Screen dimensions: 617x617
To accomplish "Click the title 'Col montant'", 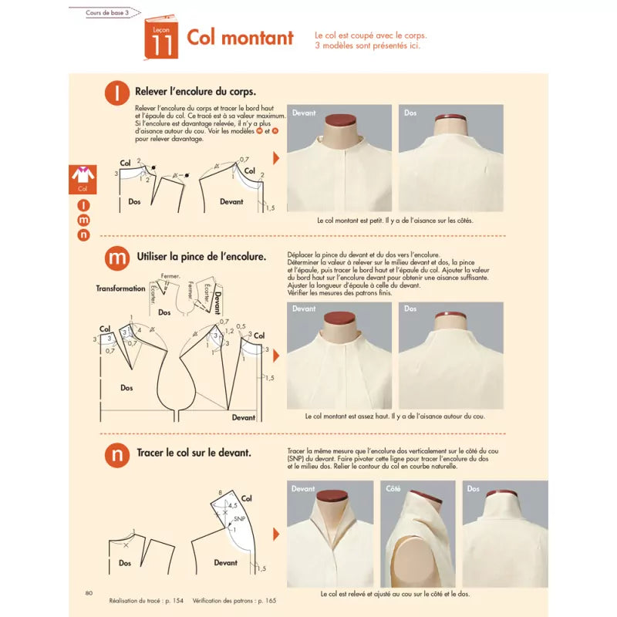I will [x=240, y=38].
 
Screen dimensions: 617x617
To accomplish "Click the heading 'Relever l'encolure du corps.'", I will [x=194, y=91].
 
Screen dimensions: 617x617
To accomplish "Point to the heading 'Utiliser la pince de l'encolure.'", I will [x=200, y=255].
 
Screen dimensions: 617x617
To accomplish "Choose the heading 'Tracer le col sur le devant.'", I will [x=193, y=453].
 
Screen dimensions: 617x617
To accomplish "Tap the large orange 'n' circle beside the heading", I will [x=117, y=455].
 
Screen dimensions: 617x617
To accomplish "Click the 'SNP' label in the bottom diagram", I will [x=240, y=521].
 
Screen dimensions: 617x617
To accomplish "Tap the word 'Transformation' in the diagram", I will [x=120, y=288].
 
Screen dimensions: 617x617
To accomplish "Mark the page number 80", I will [x=89, y=592].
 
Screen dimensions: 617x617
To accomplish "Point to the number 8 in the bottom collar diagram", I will [x=220, y=492].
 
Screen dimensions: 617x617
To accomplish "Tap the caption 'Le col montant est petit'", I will [x=395, y=221].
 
